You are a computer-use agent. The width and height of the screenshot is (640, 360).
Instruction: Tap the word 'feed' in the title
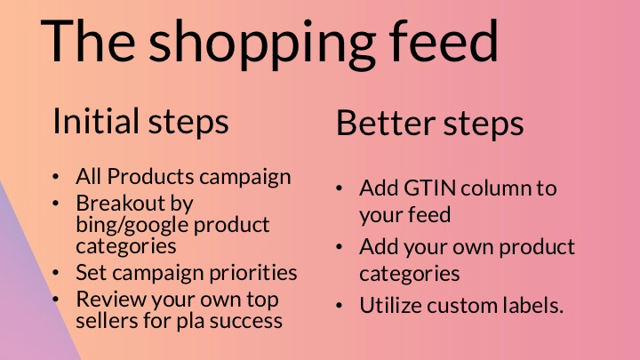tap(444, 40)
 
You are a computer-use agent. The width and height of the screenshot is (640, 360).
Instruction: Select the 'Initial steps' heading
tap(140, 121)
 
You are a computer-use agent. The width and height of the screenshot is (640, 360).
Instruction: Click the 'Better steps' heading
tap(430, 123)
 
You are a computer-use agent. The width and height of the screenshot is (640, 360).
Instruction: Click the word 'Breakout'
tap(120, 203)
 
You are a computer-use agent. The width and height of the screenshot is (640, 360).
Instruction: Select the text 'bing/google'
tap(132, 225)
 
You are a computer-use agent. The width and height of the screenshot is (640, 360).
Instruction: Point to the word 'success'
tap(246, 321)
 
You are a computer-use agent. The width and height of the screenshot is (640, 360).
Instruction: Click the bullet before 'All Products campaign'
tap(56, 177)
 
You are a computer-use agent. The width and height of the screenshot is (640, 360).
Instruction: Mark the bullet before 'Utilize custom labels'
tap(340, 306)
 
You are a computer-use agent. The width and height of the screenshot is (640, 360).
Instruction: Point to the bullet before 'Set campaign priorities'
tap(56, 273)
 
